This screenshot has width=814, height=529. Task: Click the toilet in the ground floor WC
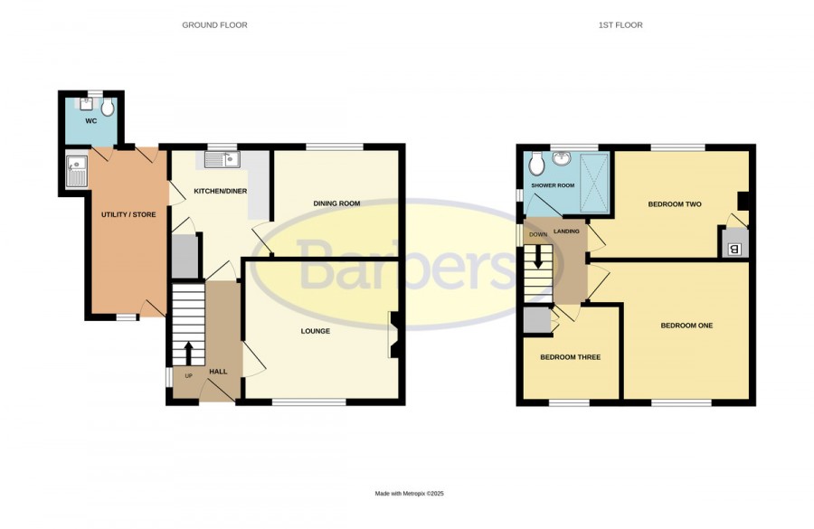(108, 107)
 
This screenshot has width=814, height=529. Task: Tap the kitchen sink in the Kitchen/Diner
(222, 160)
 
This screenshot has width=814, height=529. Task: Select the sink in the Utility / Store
(76, 171)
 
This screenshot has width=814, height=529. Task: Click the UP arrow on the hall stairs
(188, 353)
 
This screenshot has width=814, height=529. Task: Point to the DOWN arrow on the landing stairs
(538, 256)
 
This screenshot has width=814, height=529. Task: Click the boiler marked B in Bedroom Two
(734, 250)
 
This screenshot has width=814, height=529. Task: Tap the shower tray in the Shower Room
(593, 183)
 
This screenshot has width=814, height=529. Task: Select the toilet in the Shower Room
(536, 164)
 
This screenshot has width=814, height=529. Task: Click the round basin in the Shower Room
(561, 158)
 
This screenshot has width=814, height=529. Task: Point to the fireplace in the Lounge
(393, 335)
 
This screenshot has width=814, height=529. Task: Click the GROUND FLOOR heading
(214, 25)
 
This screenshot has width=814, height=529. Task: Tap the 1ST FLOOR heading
(620, 25)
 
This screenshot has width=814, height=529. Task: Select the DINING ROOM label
(336, 203)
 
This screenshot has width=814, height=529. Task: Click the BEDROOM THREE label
(570, 357)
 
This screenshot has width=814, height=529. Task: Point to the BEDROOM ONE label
(686, 326)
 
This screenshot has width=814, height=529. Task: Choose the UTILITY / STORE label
(128, 214)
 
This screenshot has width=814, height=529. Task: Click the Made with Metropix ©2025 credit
(409, 494)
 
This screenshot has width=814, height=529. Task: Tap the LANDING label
(566, 231)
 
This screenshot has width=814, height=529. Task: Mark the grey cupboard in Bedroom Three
(536, 320)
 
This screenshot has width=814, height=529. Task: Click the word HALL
(218, 372)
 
